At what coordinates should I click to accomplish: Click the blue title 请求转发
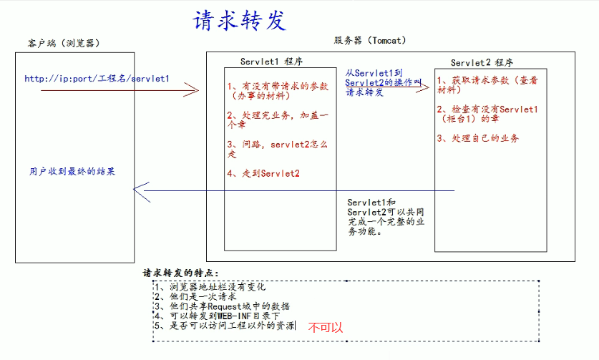tap(240, 21)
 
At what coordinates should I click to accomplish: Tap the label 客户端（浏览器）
tap(59, 44)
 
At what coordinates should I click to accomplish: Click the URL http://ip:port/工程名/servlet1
tap(97, 78)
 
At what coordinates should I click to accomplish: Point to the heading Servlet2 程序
tap(482, 62)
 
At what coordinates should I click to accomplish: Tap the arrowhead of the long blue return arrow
tap(140, 190)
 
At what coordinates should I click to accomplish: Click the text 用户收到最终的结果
tap(72, 172)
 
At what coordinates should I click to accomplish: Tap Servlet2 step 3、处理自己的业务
tap(477, 138)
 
